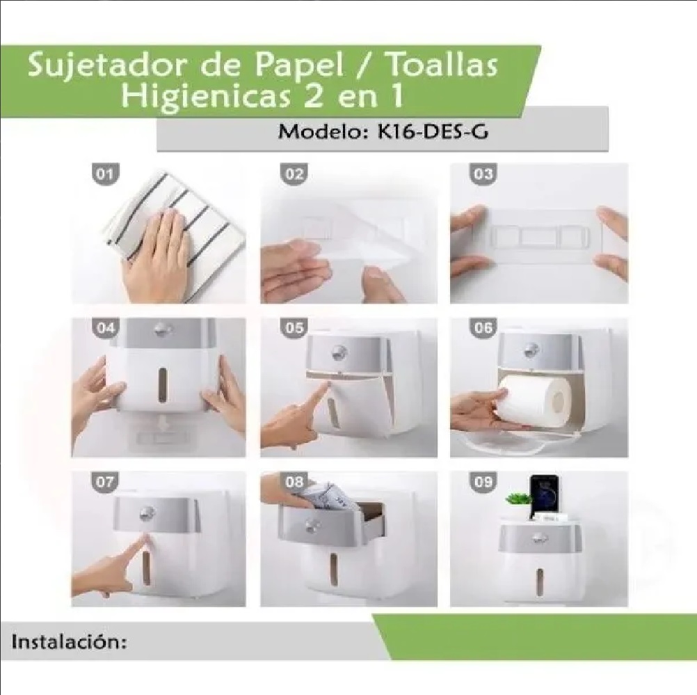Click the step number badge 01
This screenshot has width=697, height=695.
click(105, 175)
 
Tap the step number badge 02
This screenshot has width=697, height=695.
click(294, 175)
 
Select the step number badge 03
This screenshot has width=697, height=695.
click(483, 175)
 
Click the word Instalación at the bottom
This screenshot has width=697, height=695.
click(70, 641)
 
